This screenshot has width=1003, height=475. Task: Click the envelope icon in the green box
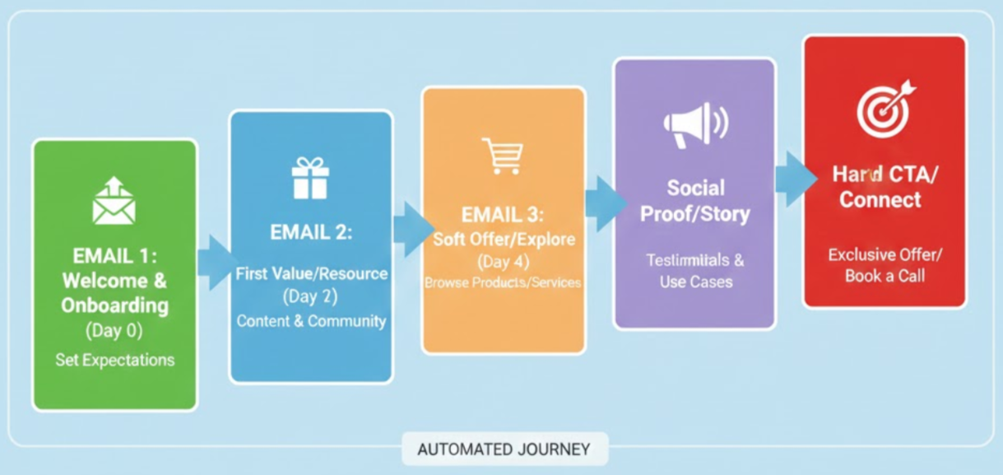114,201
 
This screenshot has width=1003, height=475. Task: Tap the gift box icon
310,178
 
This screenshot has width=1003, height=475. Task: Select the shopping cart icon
503,156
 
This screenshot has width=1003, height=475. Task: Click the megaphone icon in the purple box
694,124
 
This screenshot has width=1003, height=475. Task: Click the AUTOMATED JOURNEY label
504,449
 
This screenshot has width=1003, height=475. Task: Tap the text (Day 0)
114,331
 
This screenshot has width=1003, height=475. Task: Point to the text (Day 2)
310,296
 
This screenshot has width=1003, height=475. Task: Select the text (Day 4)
503,262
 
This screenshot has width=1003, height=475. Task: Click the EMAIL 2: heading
310,232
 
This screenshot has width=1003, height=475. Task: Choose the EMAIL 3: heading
503,215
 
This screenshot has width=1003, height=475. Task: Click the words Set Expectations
115,360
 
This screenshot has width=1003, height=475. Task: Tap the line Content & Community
311,321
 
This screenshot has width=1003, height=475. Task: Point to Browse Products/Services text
503,282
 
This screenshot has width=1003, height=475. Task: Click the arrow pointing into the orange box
411,228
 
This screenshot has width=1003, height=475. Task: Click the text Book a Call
885,276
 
